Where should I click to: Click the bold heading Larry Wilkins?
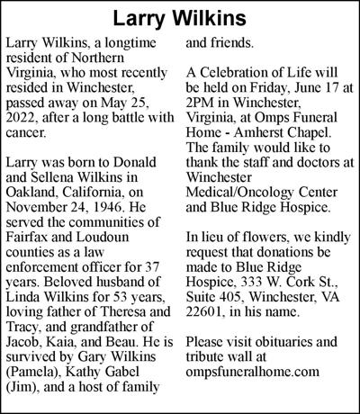(x=180, y=17)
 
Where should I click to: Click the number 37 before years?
(x=154, y=269)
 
